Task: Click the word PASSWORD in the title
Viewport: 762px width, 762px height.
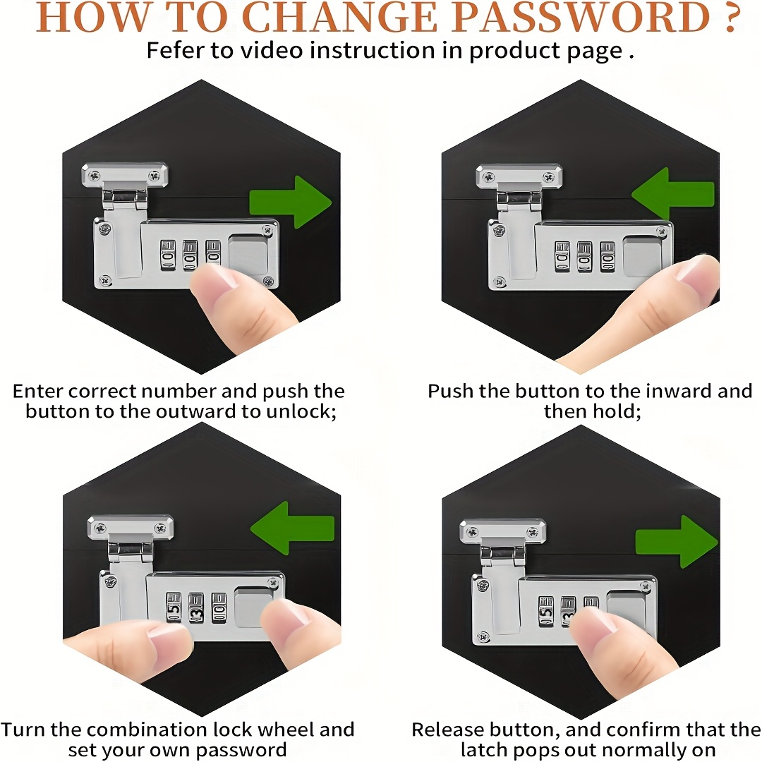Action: click(580, 18)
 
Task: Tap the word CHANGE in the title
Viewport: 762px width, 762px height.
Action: click(339, 18)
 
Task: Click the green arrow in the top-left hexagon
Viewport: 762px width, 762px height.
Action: click(291, 202)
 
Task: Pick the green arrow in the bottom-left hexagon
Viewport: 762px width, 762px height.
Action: click(292, 528)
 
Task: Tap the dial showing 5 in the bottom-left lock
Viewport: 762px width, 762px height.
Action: click(174, 607)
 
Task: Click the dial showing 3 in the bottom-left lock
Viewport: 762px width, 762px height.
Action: click(196, 607)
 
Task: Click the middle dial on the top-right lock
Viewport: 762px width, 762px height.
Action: click(585, 257)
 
